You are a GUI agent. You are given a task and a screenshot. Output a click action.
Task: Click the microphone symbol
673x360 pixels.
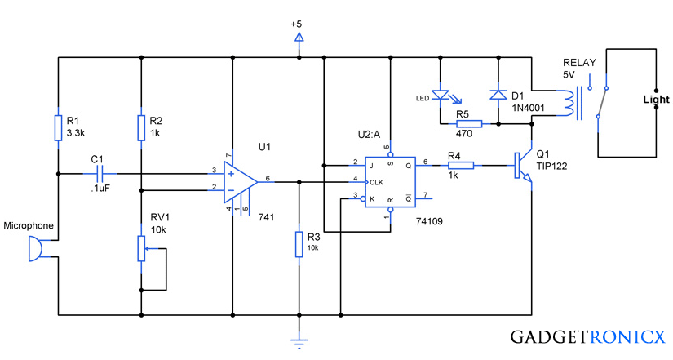click(x=36, y=249)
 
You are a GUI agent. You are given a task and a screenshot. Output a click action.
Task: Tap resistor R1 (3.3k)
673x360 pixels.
click(x=59, y=127)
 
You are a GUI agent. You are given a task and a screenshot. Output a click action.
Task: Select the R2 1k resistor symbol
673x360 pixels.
click(x=141, y=127)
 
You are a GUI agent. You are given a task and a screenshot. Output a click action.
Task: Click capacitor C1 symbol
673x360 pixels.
click(x=100, y=174)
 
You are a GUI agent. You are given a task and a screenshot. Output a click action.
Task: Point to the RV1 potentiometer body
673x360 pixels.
click(x=141, y=248)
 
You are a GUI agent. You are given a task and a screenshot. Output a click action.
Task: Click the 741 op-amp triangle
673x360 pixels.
click(x=240, y=182)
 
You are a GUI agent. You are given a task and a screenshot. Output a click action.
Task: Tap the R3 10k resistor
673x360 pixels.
click(x=299, y=244)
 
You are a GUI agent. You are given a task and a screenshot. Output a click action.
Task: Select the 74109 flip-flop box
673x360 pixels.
click(x=390, y=182)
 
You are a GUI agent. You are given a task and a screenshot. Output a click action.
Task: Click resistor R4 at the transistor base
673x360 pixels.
click(x=461, y=166)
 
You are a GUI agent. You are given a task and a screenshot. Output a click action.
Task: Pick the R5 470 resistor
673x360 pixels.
click(x=469, y=124)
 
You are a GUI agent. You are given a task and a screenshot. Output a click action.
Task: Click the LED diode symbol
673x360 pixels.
click(x=441, y=95)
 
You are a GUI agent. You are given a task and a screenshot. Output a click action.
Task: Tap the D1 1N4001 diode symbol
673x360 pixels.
click(x=498, y=95)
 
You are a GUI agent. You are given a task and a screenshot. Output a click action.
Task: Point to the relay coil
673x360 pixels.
click(x=567, y=103)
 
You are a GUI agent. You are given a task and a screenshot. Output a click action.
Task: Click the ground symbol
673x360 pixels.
click(x=299, y=342)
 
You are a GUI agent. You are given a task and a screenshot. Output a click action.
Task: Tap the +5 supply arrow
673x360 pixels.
click(x=299, y=38)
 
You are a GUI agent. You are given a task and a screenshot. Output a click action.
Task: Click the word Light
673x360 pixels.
click(x=656, y=100)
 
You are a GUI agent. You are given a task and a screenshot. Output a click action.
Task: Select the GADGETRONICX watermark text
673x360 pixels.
click(x=588, y=337)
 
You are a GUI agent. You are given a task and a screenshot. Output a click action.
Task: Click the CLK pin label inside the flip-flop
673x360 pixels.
click(x=376, y=182)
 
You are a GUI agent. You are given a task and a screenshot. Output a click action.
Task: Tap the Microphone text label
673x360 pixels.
click(x=29, y=226)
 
